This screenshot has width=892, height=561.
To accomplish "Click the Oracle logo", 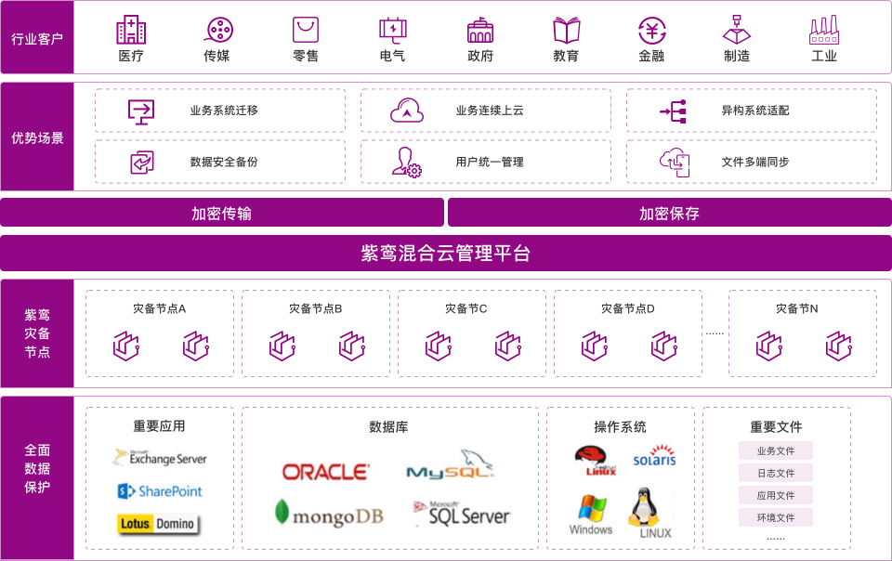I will pos(325,472).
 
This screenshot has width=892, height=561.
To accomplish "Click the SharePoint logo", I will pos(160,490).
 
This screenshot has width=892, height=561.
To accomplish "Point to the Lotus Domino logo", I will pos(158,523).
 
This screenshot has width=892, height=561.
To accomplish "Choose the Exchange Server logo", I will pos(160,457).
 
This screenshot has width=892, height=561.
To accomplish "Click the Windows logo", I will pos(591,515).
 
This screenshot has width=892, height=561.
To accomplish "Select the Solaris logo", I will pos(653,460).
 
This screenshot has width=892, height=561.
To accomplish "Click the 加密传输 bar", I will pos(222,213).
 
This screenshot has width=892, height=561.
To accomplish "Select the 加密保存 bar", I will pos(669,213).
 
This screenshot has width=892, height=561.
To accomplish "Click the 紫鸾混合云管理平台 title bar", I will pos(445,253).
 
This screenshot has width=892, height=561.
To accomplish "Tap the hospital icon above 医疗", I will pos(131,31).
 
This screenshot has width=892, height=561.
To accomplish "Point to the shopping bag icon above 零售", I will pos(306,31).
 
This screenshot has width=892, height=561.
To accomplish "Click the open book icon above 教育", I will pos(566,31).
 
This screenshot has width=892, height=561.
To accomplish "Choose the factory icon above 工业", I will pos(824,31).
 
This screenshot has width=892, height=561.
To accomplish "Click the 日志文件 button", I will pos(776,473).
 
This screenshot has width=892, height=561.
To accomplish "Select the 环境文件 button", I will pos(776,517).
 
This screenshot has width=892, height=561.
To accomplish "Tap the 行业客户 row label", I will pos(37,39).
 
